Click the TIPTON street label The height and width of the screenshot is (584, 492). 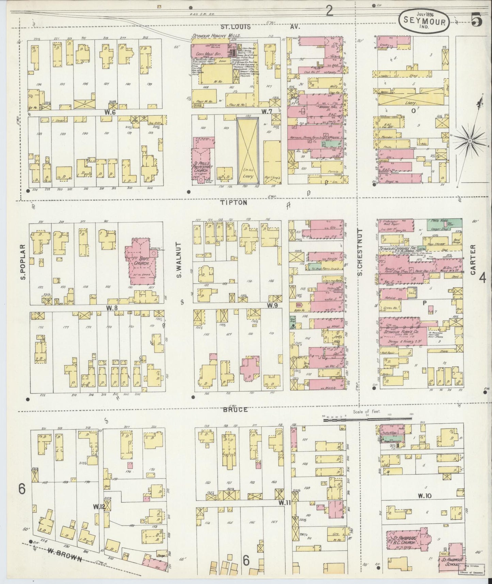(x=233, y=202)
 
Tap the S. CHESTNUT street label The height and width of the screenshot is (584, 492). (x=360, y=252)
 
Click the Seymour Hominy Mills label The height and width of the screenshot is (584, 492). (x=216, y=36)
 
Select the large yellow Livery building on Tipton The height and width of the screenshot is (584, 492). (x=247, y=150)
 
